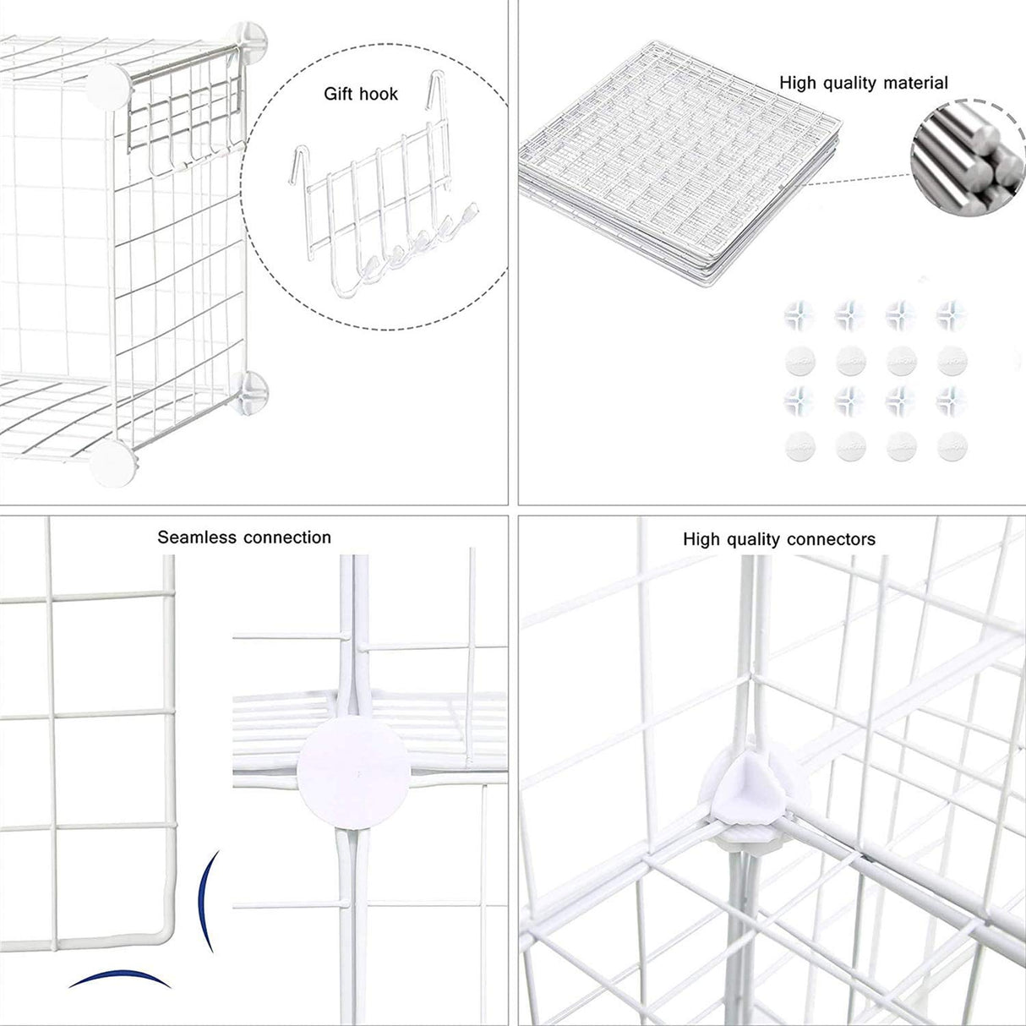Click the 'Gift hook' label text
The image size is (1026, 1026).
(x=361, y=94)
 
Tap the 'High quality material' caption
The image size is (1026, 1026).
(x=863, y=83)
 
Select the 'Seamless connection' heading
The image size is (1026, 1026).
(x=244, y=538)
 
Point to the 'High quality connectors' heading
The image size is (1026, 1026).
(x=779, y=539)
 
